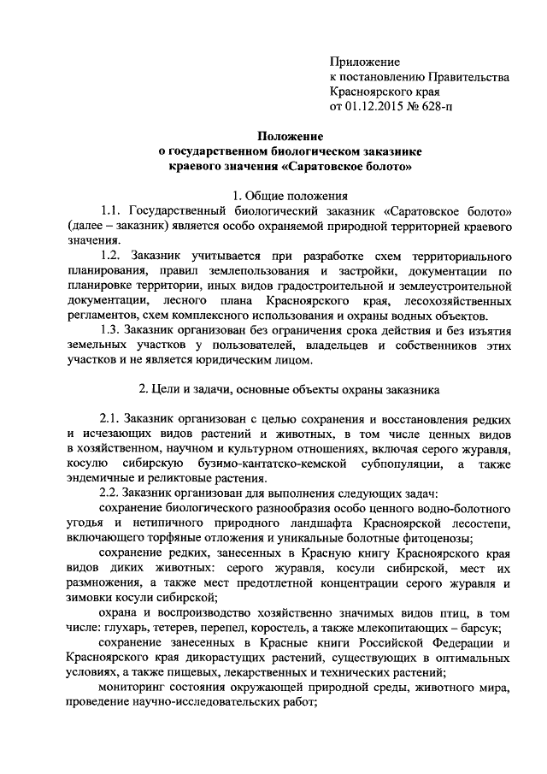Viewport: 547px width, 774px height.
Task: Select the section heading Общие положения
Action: (298, 195)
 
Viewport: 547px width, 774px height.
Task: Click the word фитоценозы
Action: (438, 539)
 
